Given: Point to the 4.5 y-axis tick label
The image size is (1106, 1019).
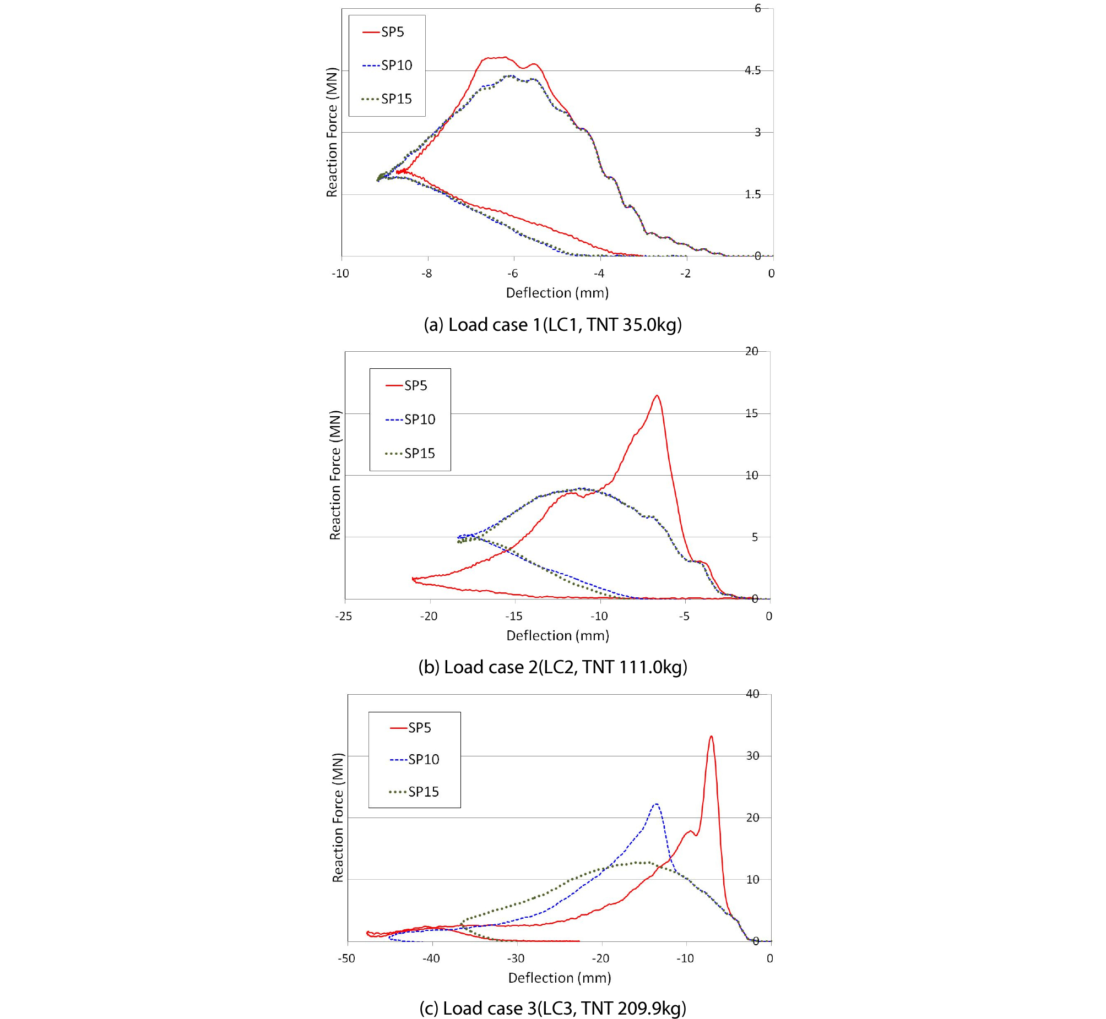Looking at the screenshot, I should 752,70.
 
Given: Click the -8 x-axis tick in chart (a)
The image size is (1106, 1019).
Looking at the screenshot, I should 426,274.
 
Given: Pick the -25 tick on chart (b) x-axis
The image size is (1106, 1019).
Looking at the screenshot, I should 343,616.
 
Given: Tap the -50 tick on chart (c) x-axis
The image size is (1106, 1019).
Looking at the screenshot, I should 346,958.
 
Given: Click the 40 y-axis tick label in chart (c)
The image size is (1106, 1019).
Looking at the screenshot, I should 752,694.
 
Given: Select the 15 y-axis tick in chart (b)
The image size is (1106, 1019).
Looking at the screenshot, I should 751,413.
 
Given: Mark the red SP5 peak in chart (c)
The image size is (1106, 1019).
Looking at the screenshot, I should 711,736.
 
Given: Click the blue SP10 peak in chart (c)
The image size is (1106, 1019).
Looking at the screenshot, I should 656,804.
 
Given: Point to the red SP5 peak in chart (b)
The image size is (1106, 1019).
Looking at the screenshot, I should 657,395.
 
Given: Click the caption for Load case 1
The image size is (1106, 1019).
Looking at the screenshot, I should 552,324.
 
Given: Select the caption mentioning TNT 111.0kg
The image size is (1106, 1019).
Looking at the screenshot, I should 552,667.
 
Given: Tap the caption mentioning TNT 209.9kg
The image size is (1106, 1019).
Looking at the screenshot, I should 552,1008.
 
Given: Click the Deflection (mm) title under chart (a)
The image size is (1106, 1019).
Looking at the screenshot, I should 557,293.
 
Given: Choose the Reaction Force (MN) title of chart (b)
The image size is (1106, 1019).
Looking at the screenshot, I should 335,475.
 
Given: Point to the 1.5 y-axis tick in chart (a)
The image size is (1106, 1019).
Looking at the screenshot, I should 752,195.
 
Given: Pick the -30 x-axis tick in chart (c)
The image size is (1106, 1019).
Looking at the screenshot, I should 516,958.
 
